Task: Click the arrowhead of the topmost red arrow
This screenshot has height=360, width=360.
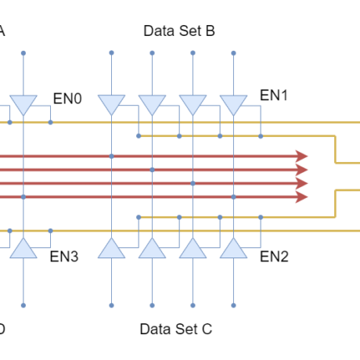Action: tap(302, 156)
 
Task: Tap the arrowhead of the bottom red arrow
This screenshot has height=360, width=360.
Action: tap(302, 196)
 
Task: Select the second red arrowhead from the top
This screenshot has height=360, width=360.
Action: tap(302, 170)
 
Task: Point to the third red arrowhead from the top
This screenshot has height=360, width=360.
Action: tap(302, 183)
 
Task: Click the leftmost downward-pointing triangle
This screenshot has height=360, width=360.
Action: tap(23, 104)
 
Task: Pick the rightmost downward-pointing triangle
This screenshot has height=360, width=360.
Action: tap(233, 104)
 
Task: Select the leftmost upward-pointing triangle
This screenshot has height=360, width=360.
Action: tap(23, 248)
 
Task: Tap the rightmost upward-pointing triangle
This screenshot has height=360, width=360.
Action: tap(233, 248)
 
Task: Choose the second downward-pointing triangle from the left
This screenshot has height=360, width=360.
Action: tap(111, 104)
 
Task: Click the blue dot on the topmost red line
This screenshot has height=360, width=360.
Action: tap(111, 156)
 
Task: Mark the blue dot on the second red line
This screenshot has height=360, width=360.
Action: tap(152, 170)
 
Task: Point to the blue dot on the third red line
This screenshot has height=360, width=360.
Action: tap(193, 183)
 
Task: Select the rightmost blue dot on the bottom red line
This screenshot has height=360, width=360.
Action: tap(233, 196)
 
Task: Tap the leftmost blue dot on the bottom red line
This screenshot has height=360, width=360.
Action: tap(23, 196)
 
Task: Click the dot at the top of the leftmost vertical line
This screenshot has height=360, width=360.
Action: tap(23, 53)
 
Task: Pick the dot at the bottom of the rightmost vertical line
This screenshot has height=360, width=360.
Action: tap(233, 305)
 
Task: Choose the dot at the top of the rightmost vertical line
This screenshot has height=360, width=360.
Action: tap(233, 53)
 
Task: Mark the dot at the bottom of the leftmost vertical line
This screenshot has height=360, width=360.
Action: tap(23, 305)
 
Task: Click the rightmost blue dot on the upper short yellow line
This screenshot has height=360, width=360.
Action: tap(261, 136)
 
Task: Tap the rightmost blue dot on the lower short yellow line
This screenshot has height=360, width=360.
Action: tap(261, 217)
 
